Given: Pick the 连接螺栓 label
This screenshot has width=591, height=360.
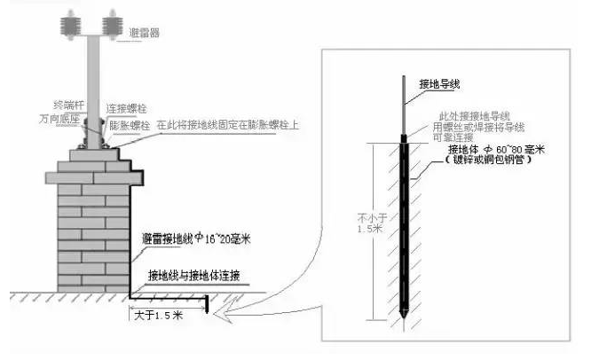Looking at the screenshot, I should (x=125, y=106).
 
